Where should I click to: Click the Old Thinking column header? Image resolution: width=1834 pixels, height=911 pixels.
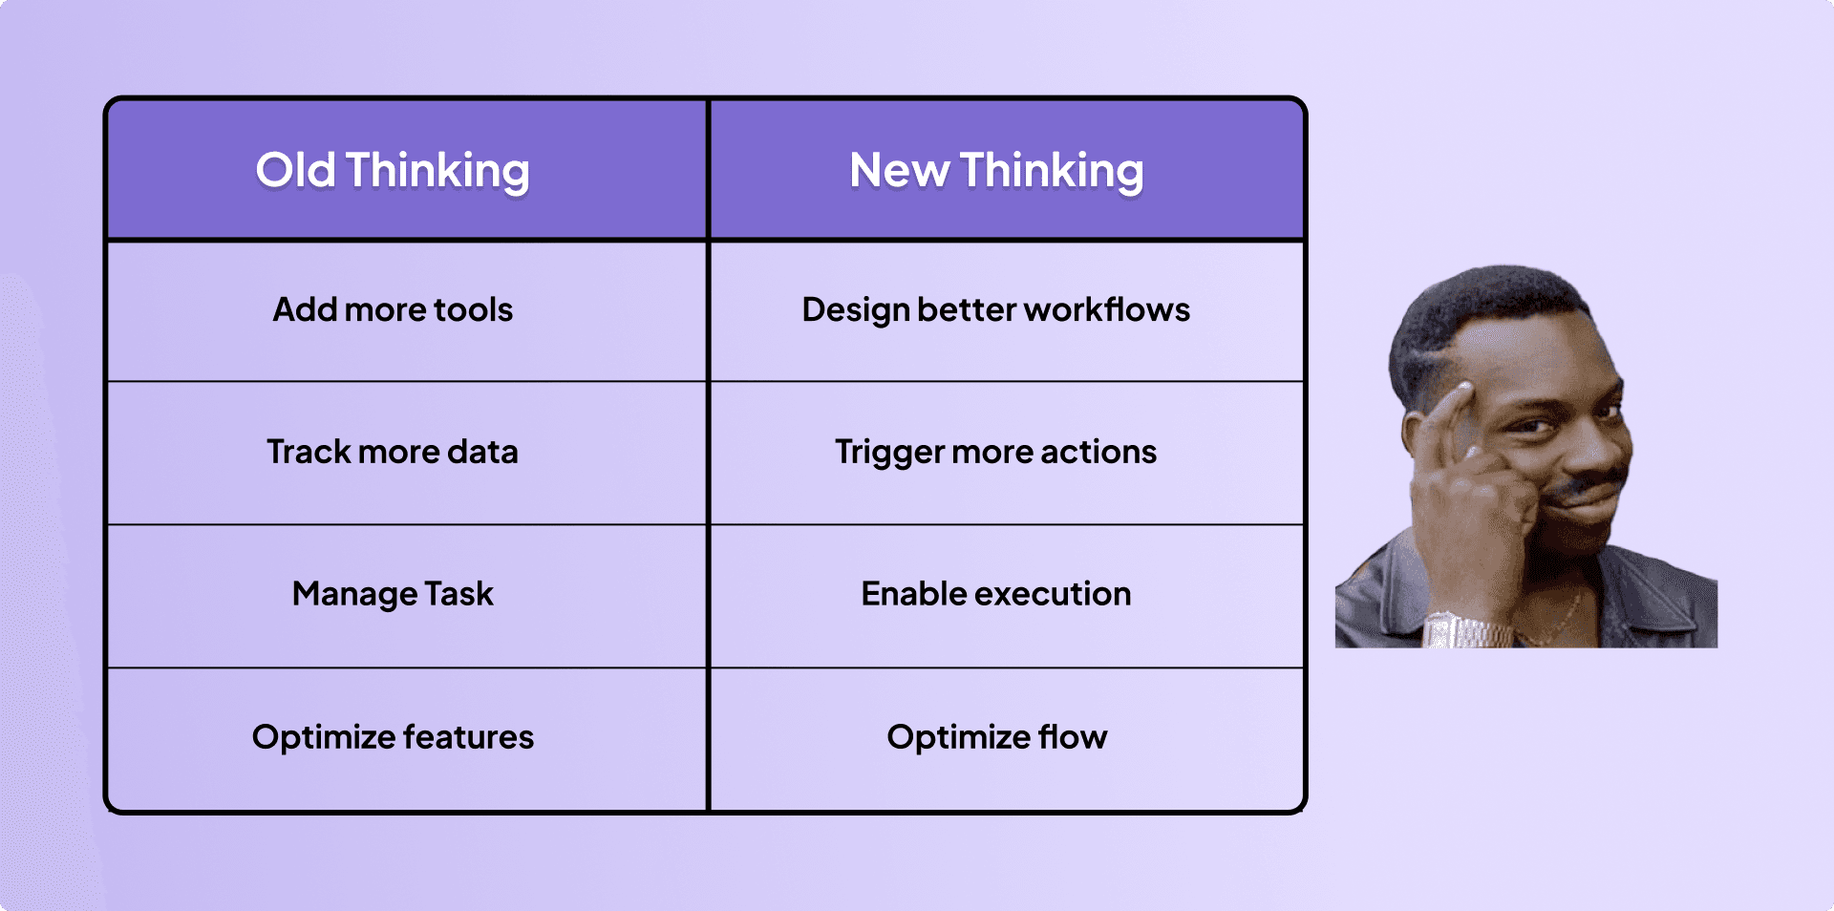393,171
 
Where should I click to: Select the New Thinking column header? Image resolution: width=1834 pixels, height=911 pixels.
996,171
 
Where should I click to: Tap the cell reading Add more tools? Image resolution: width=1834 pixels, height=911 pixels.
393,310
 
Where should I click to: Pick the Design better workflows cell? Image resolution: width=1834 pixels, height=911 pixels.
996,310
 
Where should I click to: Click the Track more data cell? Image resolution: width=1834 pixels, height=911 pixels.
393,452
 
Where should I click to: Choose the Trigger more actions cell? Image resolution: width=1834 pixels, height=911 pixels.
996,452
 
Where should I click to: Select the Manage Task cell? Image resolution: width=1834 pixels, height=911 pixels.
393,594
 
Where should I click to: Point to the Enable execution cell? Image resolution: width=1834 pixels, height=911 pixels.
996,594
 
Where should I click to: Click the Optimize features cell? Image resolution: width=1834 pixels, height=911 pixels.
393,737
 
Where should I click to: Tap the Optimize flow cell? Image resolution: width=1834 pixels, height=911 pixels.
996,737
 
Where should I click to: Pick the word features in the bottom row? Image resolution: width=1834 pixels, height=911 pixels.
468,737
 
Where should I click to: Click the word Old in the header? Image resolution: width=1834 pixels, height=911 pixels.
295,171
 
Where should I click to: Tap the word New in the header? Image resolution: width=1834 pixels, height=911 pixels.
899,171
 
